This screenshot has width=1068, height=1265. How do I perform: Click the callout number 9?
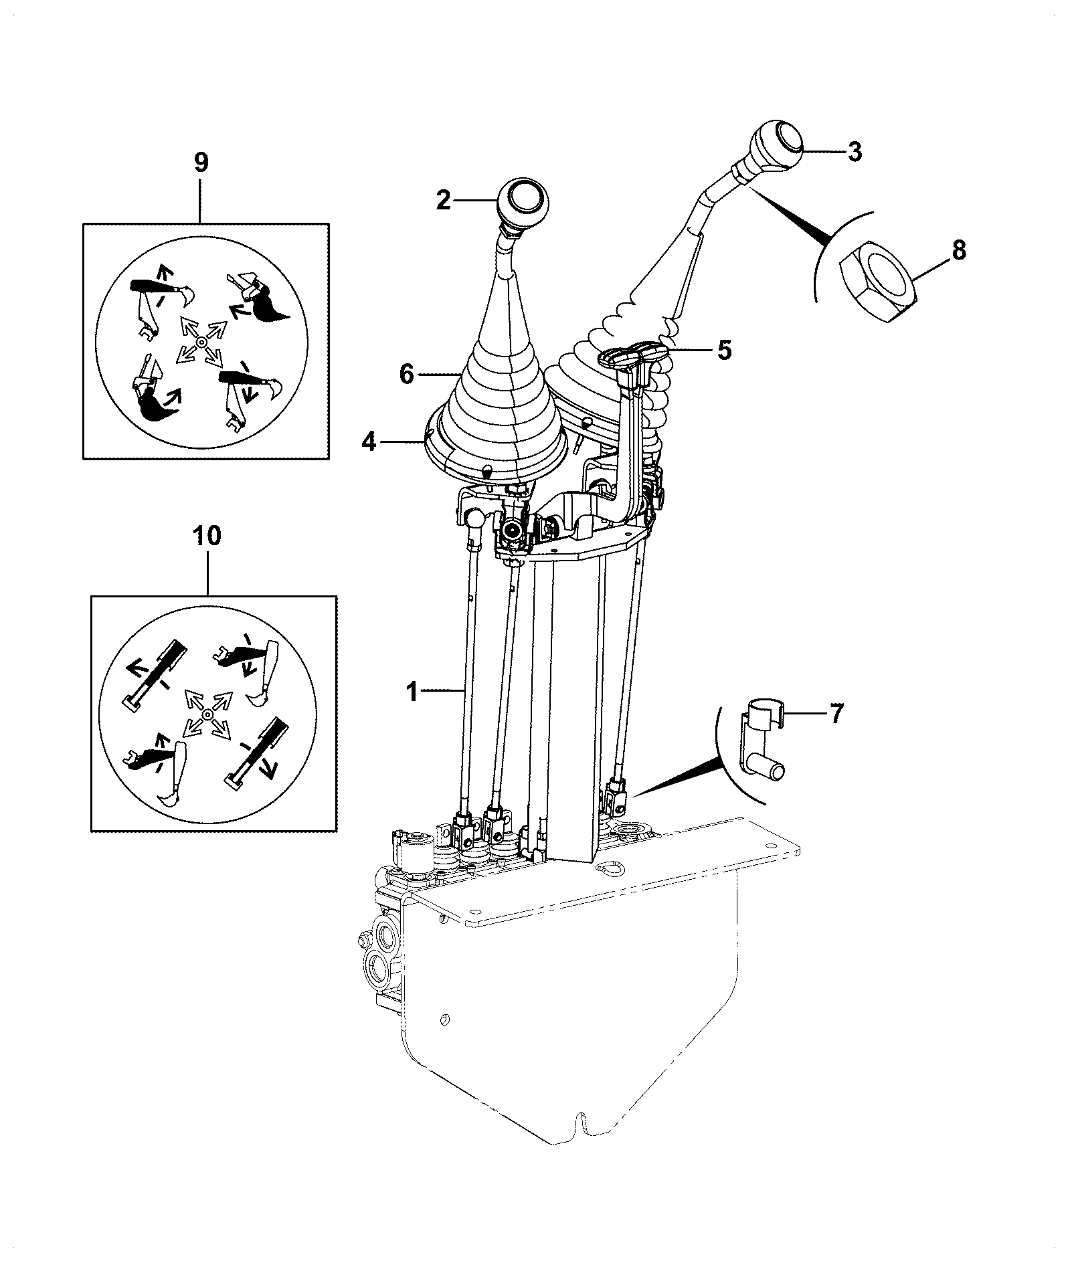(x=201, y=162)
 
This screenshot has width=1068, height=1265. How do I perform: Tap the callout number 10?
(x=207, y=537)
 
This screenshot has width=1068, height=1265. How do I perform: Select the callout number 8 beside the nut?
(x=958, y=250)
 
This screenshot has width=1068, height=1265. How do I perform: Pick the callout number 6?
(x=407, y=373)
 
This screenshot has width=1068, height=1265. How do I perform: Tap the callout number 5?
(x=724, y=350)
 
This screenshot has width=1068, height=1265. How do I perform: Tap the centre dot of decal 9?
(x=200, y=342)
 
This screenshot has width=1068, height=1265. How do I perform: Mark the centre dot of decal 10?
(x=207, y=714)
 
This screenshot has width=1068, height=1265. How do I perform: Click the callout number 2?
(x=444, y=200)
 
